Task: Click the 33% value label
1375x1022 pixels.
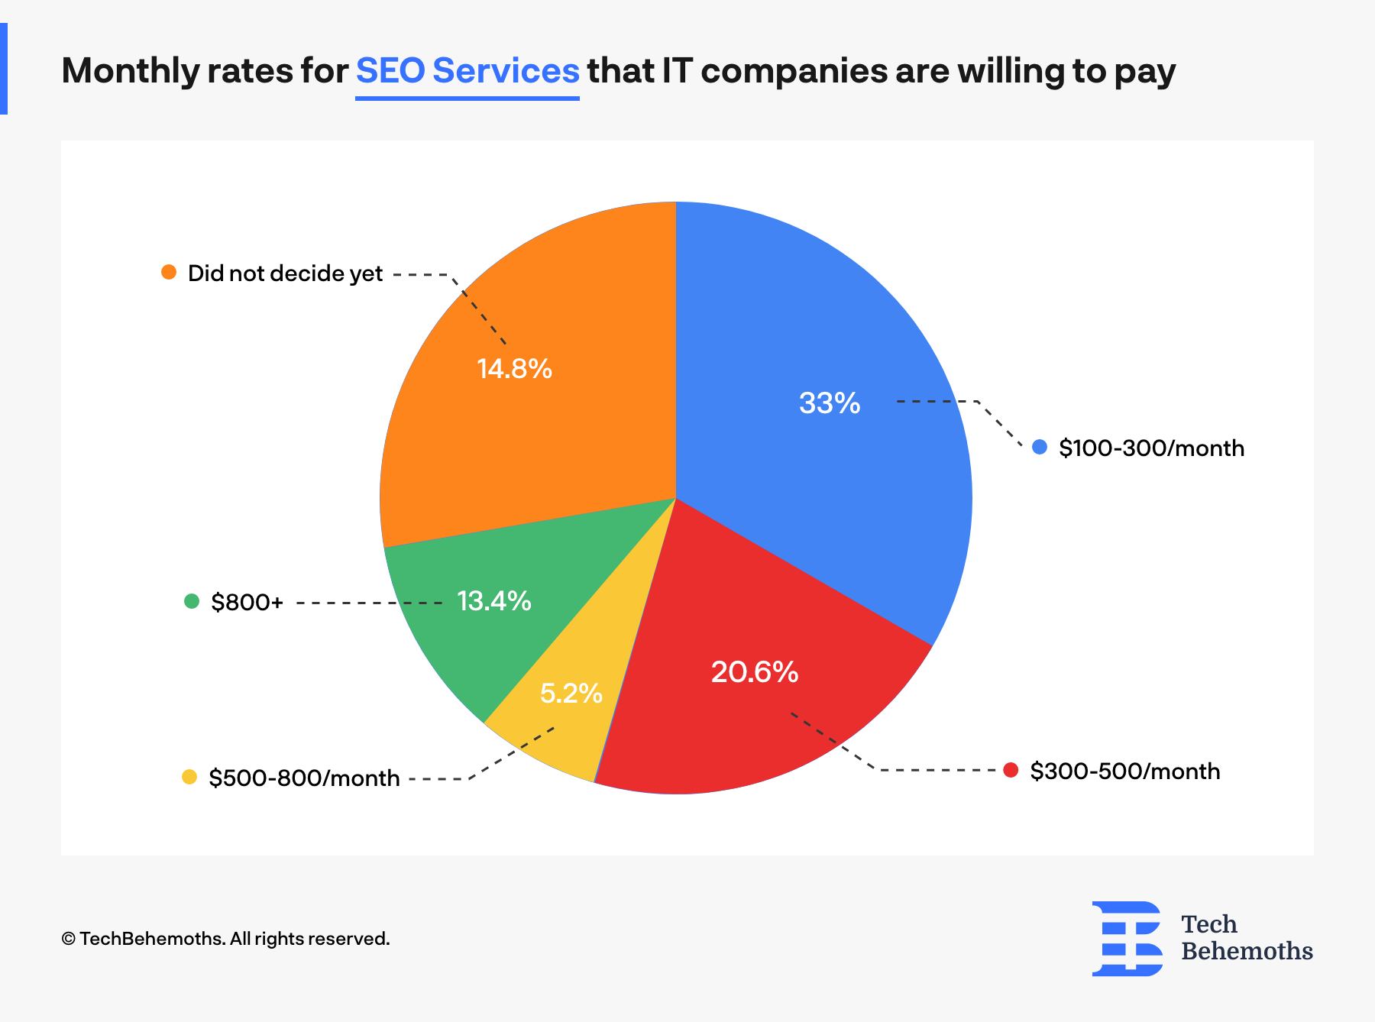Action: pos(830,403)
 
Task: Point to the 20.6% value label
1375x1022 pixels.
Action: pos(755,672)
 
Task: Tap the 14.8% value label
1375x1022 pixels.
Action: pos(514,369)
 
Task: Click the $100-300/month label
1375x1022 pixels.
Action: pos(1151,448)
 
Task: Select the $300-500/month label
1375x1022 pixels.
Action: pos(1124,771)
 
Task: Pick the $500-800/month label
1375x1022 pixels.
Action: pos(304,778)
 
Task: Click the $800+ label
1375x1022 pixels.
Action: pos(247,603)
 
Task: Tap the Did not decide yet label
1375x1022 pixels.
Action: pos(285,273)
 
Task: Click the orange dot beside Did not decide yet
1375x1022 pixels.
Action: pos(169,272)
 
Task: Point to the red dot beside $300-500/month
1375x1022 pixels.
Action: pos(1011,770)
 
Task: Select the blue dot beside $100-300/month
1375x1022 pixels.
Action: pos(1040,447)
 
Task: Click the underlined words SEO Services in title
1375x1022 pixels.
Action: pos(467,71)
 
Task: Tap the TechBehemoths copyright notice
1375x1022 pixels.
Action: pos(225,939)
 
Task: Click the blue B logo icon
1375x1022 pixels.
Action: pos(1127,939)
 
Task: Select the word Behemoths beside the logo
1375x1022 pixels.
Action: pos(1247,952)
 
